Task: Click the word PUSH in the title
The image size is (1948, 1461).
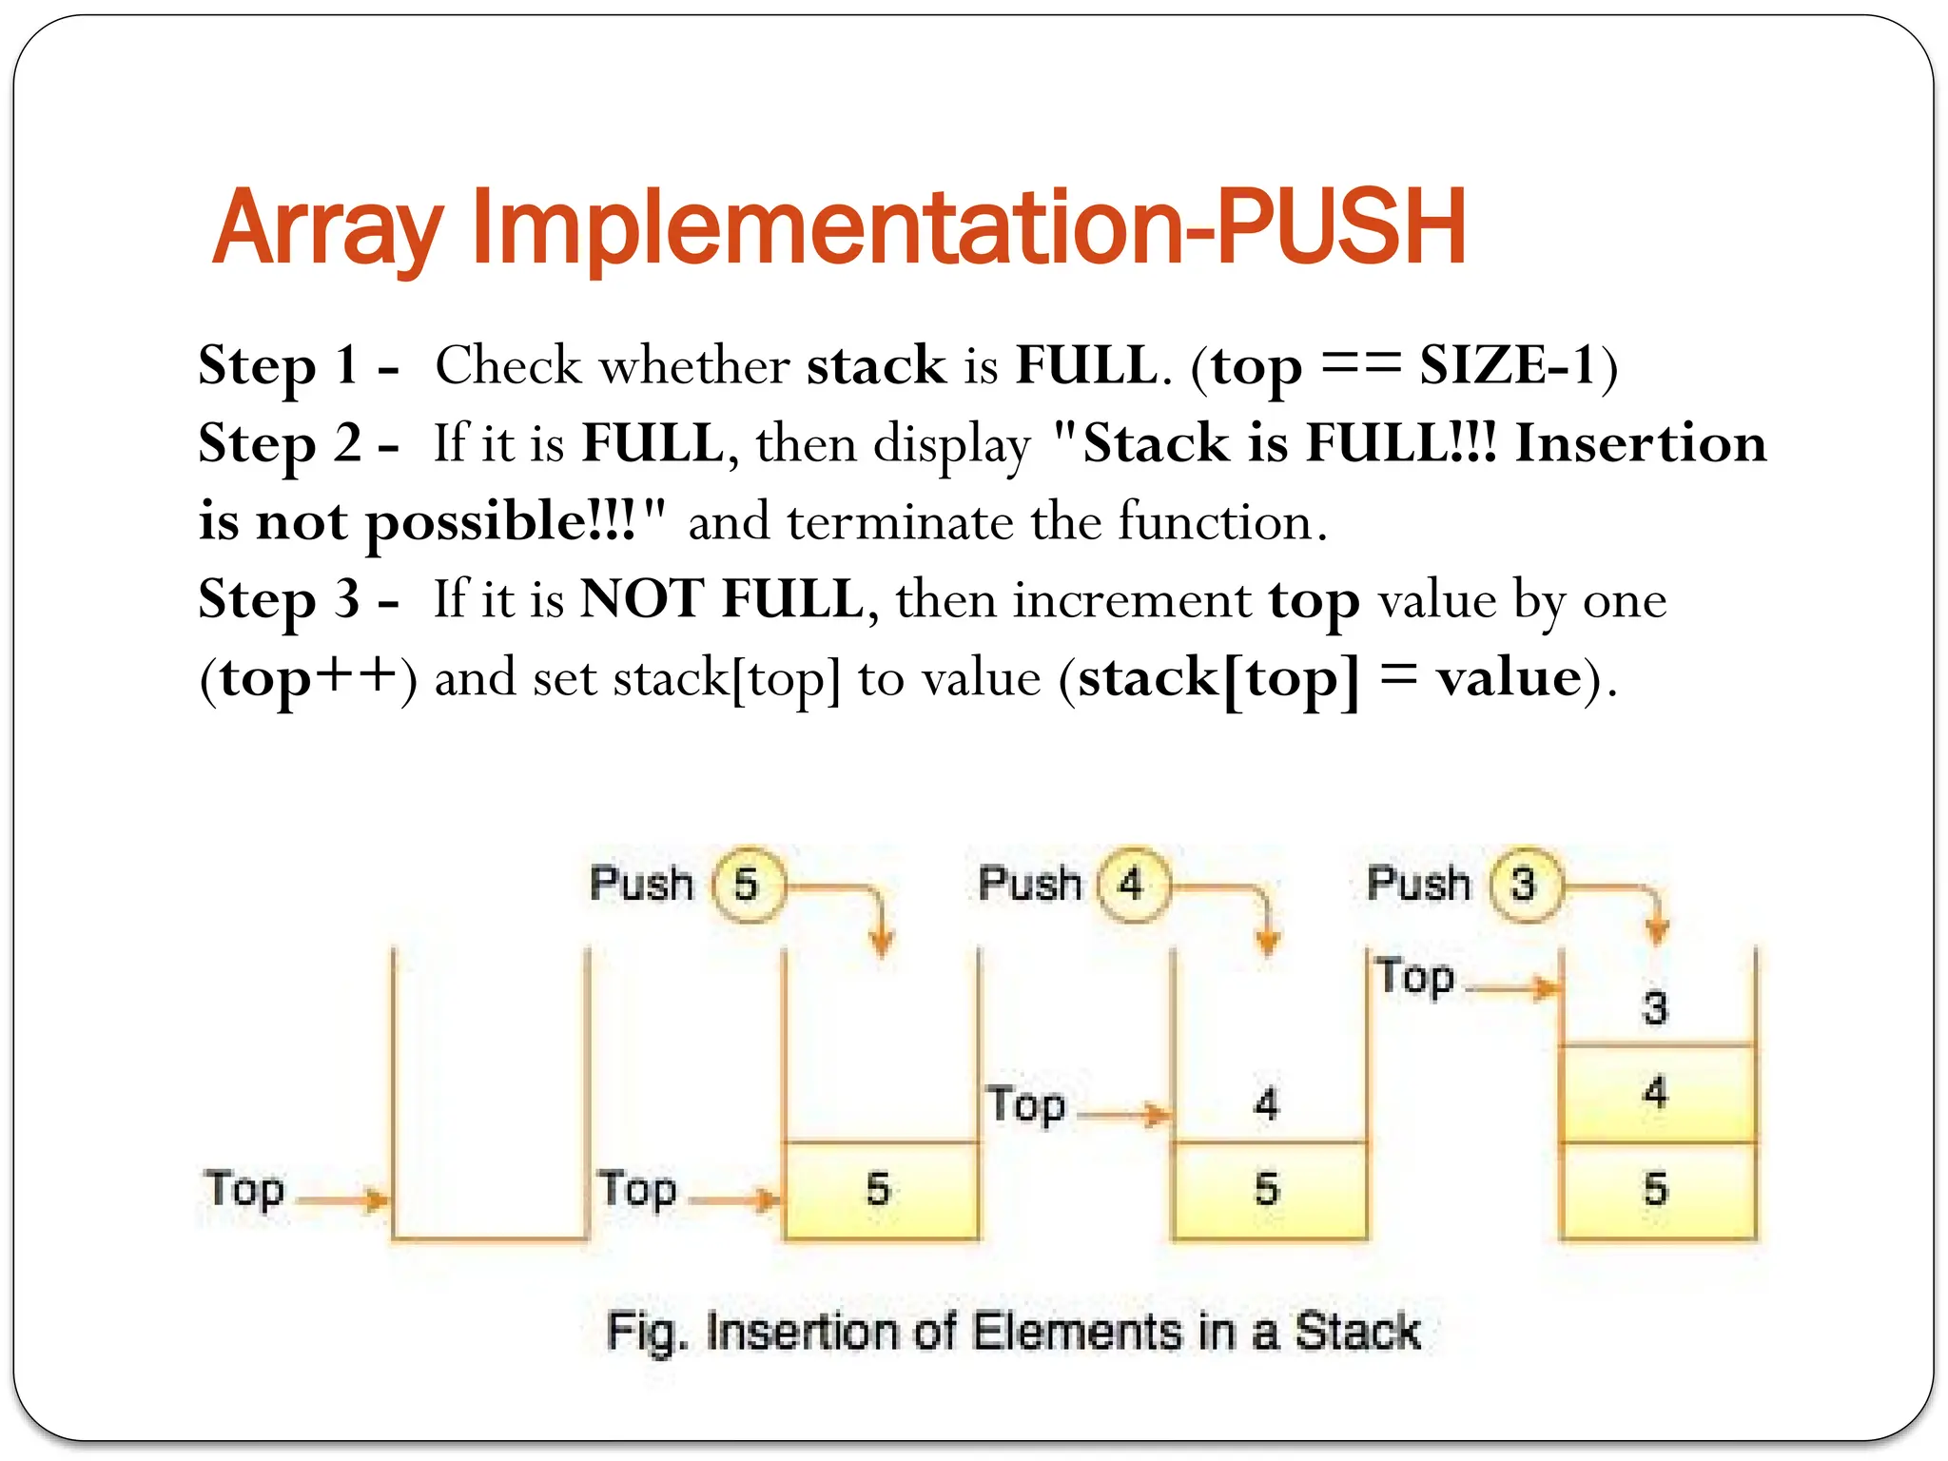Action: (x=1341, y=228)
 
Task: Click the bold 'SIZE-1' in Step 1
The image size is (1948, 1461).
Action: (x=1508, y=366)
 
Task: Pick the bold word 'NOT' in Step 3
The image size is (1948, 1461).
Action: (x=641, y=600)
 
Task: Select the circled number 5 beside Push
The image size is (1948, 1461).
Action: (x=748, y=885)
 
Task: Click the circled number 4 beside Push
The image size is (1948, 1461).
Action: (x=1132, y=885)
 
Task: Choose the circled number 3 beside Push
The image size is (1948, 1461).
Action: (x=1524, y=885)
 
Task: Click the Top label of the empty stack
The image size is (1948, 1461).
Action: (x=244, y=1190)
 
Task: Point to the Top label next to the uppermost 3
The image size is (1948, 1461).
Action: (x=1415, y=978)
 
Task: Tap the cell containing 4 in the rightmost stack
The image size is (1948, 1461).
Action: (x=1656, y=1094)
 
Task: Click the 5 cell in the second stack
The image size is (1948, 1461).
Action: (x=879, y=1190)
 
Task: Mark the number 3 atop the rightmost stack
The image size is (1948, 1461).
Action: (x=1656, y=1007)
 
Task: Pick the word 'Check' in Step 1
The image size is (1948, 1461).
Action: (x=508, y=366)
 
